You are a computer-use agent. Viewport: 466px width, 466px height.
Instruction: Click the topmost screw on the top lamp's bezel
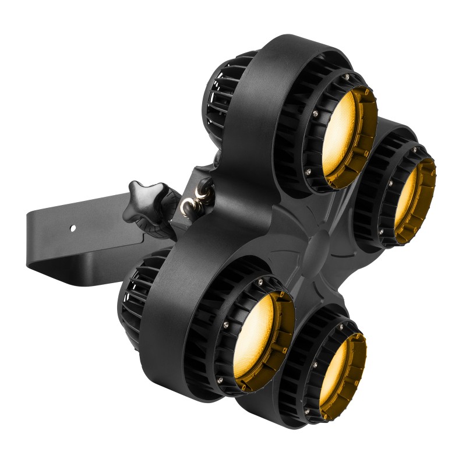[x=347, y=77]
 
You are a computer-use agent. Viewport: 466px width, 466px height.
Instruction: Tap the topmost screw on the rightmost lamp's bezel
[x=414, y=150]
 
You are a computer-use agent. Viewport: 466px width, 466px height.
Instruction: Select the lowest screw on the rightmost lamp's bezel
[x=382, y=232]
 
